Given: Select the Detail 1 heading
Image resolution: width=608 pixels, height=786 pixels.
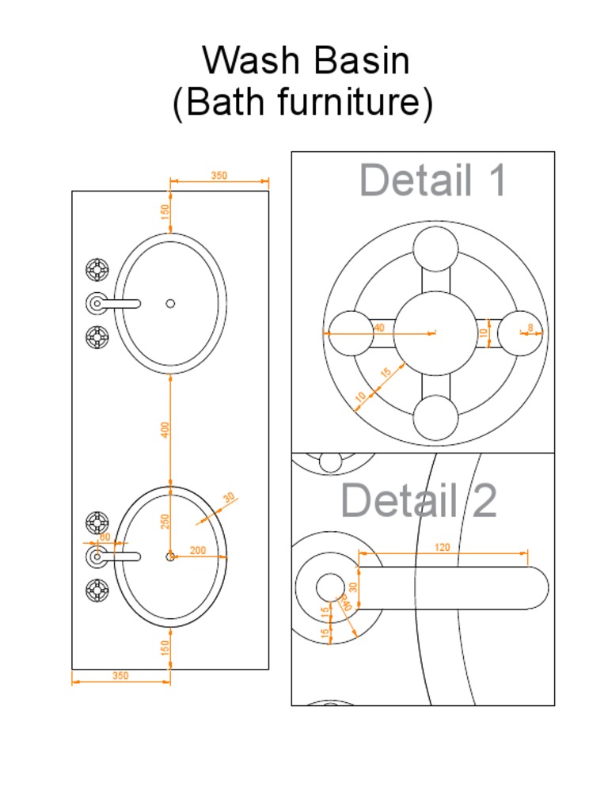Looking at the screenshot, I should coord(432,180).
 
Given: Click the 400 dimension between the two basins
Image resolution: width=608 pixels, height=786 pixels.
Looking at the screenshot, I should coord(165,430).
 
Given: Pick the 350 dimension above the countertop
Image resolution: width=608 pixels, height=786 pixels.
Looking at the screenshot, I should coord(219,176).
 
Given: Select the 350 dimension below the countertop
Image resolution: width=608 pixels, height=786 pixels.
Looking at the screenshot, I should coord(120,676).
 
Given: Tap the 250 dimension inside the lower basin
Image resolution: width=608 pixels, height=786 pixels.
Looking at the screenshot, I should coord(165,522).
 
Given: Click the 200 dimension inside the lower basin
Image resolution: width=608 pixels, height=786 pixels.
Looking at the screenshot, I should coord(198,550).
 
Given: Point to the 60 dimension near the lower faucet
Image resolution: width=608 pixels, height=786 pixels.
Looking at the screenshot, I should coord(104,537).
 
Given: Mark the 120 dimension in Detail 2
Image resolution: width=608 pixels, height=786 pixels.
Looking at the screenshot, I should coord(443,547).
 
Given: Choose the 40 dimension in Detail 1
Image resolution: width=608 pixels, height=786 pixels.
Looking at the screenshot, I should coord(379,327).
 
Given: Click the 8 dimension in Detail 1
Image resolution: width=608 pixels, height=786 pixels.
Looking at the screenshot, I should coord(530,327).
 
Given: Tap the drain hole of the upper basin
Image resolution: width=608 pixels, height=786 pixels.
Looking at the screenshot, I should coord(170,303).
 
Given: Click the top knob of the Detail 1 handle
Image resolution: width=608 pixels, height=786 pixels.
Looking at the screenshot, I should coord(435,249).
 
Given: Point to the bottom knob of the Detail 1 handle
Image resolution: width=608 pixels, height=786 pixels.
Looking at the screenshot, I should coord(435,418).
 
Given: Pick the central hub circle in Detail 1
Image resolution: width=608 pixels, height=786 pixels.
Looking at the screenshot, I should coord(435,333).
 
